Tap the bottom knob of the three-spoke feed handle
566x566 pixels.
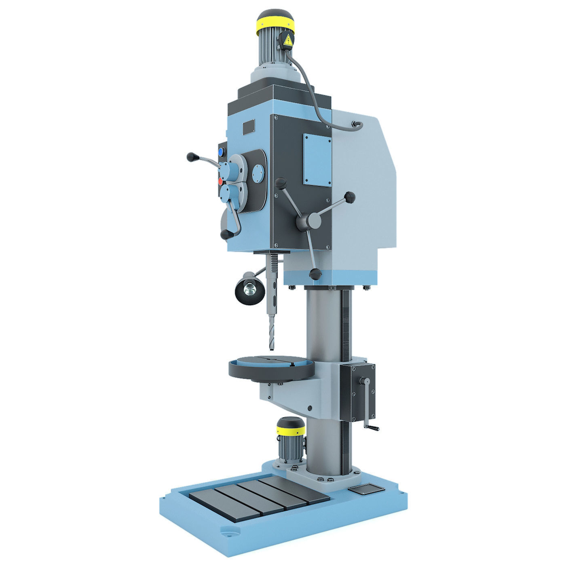[315, 275]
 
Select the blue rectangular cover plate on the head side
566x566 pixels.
[318, 160]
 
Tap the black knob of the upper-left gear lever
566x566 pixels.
[192, 156]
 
